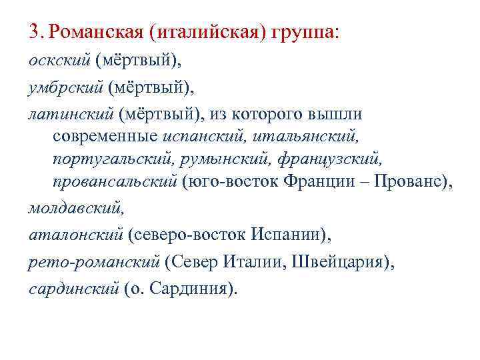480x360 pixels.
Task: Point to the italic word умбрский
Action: pyautogui.click(x=66, y=87)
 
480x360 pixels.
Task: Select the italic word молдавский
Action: pyautogui.click(x=76, y=208)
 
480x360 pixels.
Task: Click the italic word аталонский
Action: pyautogui.click(x=75, y=234)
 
